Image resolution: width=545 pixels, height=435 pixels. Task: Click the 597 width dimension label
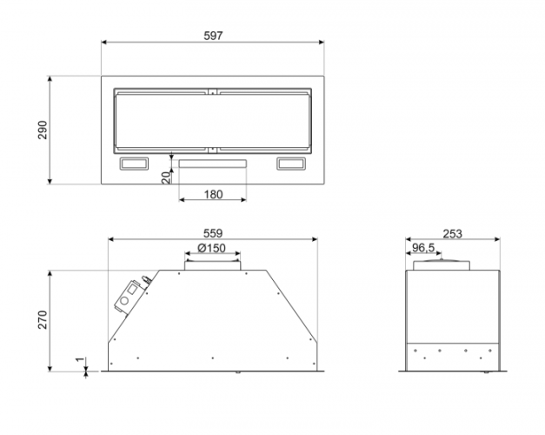click(x=213, y=36)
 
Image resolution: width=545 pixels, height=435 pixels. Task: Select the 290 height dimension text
click(x=43, y=130)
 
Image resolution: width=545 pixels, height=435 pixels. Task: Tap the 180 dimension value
click(x=213, y=194)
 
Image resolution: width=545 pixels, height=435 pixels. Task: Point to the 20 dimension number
click(x=167, y=177)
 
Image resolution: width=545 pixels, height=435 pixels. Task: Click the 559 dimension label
click(x=213, y=233)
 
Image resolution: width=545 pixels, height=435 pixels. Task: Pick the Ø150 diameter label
click(x=211, y=248)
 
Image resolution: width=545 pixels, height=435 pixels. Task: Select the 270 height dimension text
click(x=43, y=320)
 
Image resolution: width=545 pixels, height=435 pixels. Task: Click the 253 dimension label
click(x=453, y=233)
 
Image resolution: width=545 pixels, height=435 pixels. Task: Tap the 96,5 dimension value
click(x=423, y=248)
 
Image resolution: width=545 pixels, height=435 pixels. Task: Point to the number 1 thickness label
click(x=80, y=359)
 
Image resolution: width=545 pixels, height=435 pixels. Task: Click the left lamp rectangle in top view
click(x=134, y=164)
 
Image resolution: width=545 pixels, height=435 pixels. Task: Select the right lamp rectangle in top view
click(x=291, y=164)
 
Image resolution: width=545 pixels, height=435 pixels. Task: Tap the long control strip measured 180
click(x=213, y=164)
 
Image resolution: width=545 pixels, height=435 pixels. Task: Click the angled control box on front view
click(x=129, y=297)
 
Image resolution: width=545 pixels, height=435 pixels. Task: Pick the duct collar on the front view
click(x=212, y=264)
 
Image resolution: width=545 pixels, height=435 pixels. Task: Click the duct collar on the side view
click(x=442, y=264)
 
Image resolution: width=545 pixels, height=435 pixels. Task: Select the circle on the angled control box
click(x=124, y=301)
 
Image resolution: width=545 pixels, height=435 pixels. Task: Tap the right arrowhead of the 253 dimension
click(x=497, y=239)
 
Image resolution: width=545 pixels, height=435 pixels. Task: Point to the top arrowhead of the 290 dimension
click(x=50, y=79)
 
